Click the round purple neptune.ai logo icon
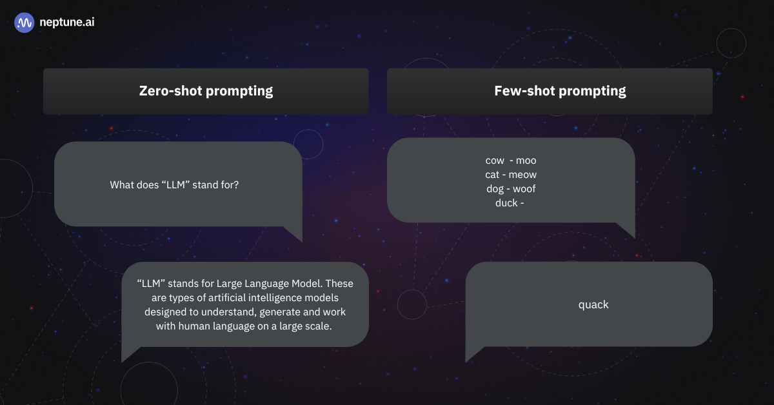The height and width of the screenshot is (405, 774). [25, 23]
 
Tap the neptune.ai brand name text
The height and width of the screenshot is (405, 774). [67, 22]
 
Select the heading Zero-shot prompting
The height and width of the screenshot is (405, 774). [206, 91]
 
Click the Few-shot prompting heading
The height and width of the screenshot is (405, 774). [560, 91]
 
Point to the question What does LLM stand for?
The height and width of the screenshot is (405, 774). [174, 185]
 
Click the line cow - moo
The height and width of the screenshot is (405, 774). [511, 161]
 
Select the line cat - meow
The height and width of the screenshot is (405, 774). [511, 175]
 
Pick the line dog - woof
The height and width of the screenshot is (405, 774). [511, 189]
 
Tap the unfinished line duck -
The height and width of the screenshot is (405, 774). [510, 203]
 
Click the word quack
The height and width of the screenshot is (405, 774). [593, 305]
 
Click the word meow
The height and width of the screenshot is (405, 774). [522, 175]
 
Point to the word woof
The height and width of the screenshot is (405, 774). [524, 189]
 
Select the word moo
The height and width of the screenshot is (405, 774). [526, 161]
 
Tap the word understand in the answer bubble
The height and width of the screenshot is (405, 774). [229, 311]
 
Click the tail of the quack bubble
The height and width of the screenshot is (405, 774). [473, 353]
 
